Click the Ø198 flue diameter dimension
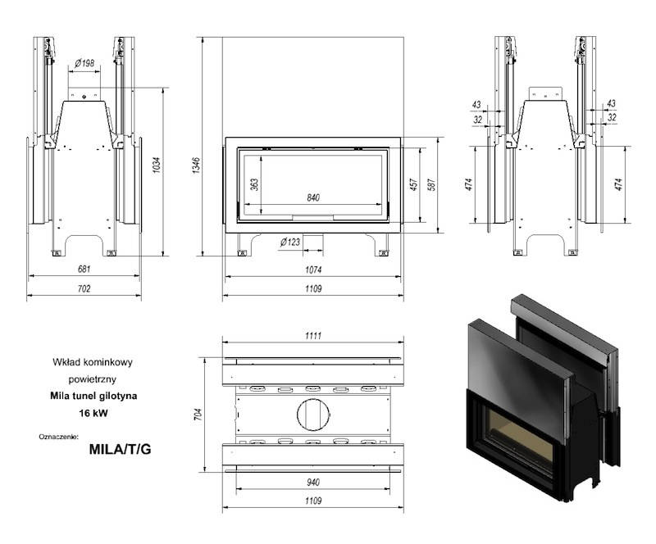click(84, 64)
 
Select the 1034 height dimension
click(156, 165)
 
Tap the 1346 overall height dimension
click(196, 165)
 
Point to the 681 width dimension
click(84, 269)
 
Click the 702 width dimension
click(84, 288)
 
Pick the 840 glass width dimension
click(313, 197)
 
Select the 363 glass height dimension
click(254, 184)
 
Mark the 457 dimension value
click(413, 184)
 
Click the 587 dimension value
click(431, 184)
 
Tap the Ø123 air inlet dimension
click(290, 243)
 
